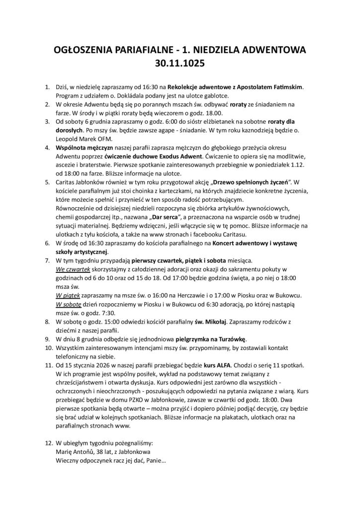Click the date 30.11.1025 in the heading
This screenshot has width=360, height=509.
pos(180,64)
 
